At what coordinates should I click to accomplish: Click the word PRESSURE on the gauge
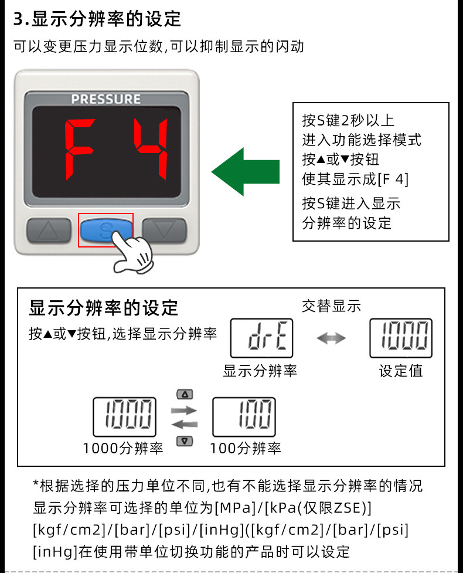pos(106,99)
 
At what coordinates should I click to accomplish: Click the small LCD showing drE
pos(261,338)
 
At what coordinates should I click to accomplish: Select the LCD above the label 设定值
pos(401,338)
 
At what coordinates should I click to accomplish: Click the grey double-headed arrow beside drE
pos(331,338)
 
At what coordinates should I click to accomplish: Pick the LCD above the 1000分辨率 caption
pos(124,416)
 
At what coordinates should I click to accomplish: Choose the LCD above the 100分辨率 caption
pos(244,416)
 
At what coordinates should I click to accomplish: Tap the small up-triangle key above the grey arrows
pos(184,395)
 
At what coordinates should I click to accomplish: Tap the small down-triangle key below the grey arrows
pos(184,441)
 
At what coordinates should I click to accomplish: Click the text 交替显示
pos(331,306)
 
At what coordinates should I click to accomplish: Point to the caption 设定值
pos(400,371)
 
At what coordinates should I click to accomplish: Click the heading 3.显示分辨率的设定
pos(97,19)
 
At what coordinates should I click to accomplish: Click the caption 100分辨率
pos(246,449)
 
